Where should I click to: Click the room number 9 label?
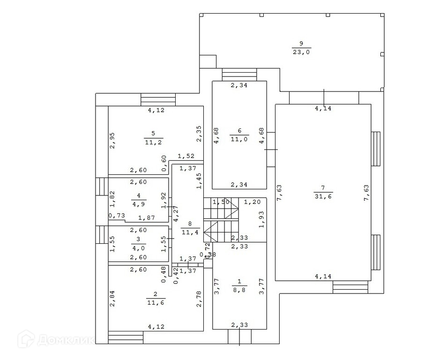pos(301,44)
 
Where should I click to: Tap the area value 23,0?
pos(301,52)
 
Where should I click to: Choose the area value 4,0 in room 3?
pos(139,247)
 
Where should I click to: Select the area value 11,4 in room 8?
pos(190,232)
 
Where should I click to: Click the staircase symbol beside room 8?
pos(222,220)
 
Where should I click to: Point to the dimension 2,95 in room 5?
pos(112,140)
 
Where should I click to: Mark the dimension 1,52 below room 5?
pos(186,156)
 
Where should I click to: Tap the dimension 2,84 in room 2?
pos(112,298)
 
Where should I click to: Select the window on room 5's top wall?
pos(158,100)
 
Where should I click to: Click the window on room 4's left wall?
pos(102,187)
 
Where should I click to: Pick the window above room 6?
pos(239,74)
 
